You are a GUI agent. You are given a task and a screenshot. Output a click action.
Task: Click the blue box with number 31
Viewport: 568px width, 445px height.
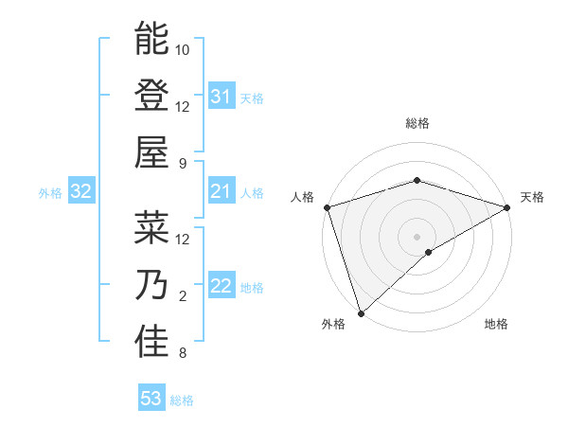coord(222,97)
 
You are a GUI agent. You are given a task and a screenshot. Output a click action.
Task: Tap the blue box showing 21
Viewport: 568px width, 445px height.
coord(222,192)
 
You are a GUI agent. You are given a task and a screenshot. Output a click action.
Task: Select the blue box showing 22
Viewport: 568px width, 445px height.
coord(222,287)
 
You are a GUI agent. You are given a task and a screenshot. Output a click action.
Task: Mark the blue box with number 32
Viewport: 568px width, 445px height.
coord(81,192)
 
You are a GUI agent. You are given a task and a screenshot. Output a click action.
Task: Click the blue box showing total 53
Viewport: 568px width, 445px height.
coord(151,399)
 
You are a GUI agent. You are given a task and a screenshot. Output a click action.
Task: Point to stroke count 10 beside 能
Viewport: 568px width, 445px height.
coord(183,49)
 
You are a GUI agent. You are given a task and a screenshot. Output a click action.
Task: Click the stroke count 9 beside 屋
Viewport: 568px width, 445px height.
coord(183,163)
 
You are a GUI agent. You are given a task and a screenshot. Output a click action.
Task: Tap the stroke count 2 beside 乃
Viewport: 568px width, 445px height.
coord(183,296)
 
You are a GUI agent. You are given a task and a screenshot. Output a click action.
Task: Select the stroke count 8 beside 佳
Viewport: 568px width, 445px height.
coord(183,353)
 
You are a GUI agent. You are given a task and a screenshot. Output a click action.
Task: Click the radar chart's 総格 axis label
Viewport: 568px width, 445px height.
coord(417,124)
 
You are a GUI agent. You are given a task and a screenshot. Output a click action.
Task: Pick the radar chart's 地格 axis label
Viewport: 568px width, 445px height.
coord(496,325)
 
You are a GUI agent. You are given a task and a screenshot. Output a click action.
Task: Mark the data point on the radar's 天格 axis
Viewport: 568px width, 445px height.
coord(508,207)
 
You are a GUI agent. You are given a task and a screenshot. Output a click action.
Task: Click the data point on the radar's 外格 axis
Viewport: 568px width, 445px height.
coord(360,313)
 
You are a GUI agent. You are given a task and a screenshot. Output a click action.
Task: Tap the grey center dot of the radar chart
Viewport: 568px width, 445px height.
coord(417,236)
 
